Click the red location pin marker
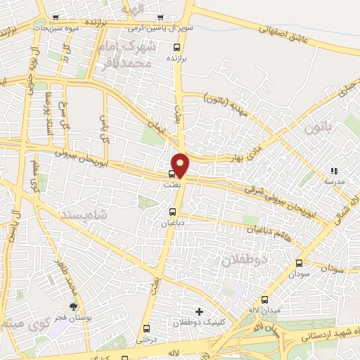click(181, 165)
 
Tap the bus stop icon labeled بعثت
click(172, 174)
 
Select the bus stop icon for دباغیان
click(173, 212)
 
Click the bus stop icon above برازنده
click(176, 48)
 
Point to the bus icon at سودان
click(300, 264)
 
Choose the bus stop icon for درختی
click(146, 328)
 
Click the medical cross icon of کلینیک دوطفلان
click(199, 311)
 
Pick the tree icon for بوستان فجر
click(73, 306)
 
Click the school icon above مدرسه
click(334, 171)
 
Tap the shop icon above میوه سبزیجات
click(56, 17)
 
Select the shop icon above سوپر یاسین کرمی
click(161, 17)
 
